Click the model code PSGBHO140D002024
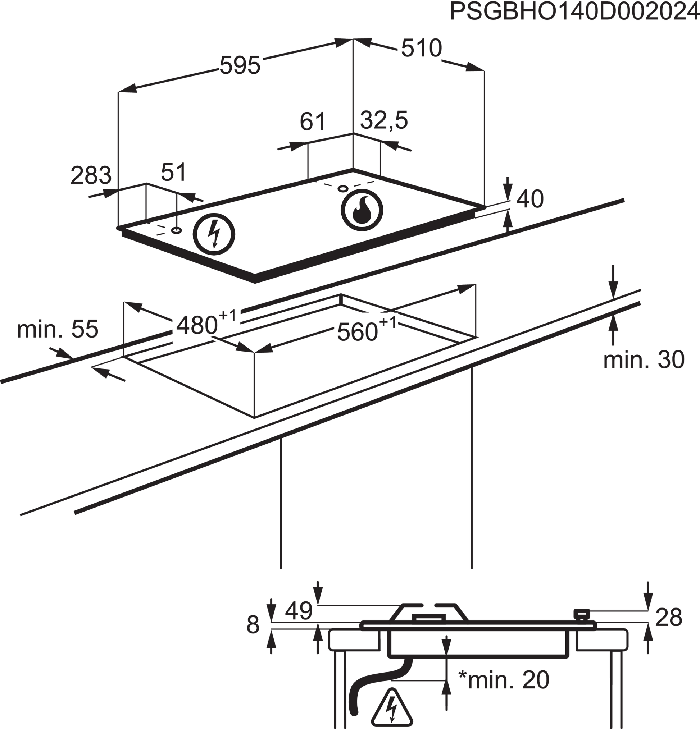click(574, 12)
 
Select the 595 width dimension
click(240, 66)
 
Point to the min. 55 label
click(58, 329)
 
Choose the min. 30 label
click(644, 360)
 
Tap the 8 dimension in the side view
click(253, 625)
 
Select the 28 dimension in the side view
click(669, 618)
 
